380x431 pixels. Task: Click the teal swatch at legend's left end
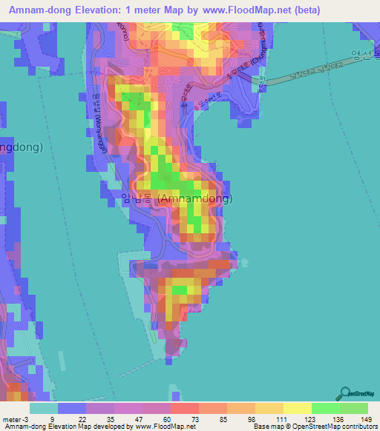[44, 407]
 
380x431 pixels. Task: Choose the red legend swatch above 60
[185, 407]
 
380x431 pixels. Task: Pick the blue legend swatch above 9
[72, 407]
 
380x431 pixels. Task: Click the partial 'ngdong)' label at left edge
[21, 147]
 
